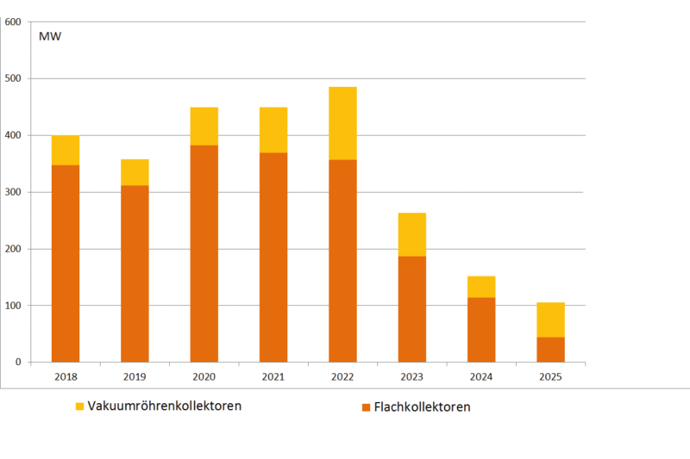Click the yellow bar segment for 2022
click(x=342, y=123)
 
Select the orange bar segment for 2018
click(x=66, y=263)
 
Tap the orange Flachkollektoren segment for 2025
click(x=550, y=350)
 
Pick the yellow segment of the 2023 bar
click(x=411, y=234)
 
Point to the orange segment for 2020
click(x=204, y=253)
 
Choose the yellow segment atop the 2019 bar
click(x=135, y=172)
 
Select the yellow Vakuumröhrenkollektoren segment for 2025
click(x=550, y=319)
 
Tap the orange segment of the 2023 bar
click(x=411, y=309)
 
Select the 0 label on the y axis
click(x=17, y=363)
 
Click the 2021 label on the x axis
click(x=273, y=376)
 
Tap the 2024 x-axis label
click(x=481, y=376)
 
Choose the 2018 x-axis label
click(x=66, y=376)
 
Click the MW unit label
click(x=49, y=36)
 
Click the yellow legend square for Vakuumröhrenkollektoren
click(x=80, y=406)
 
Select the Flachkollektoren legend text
click(x=422, y=406)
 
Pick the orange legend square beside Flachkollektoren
click(x=366, y=406)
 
